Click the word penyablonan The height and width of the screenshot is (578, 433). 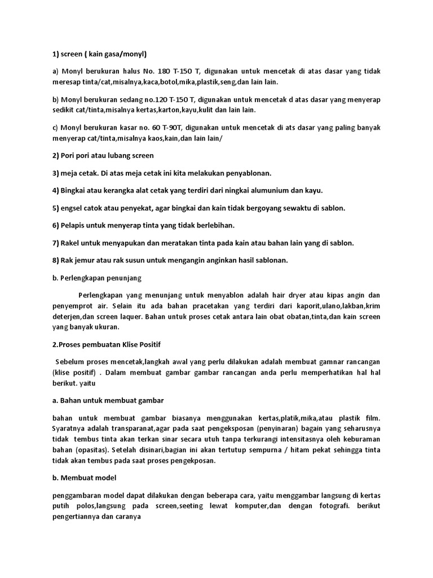click(x=255, y=173)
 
